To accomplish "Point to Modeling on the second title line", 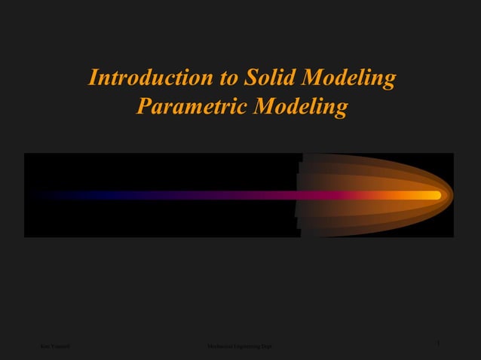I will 301,108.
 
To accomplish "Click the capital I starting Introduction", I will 93,78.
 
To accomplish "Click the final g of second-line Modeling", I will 342,110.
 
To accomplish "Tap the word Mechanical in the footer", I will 219,346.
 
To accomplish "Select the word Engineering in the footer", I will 247,346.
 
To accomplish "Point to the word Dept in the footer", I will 267,346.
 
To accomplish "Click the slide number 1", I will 438,343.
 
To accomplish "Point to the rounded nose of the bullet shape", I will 449,195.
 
